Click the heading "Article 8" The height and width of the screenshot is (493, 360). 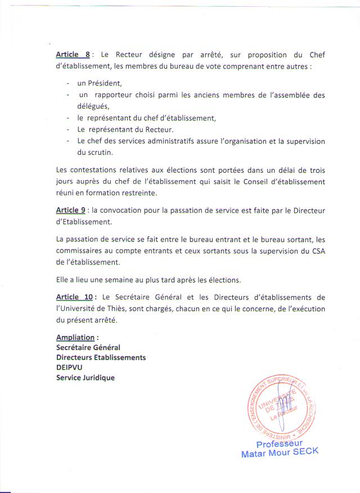(x=73, y=55)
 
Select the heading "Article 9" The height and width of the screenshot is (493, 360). (x=70, y=210)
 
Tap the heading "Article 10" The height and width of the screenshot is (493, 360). (x=74, y=297)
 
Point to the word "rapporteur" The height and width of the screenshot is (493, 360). (x=113, y=95)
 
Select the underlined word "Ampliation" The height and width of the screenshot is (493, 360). (x=75, y=338)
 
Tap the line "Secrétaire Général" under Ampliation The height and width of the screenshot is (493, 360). (x=88, y=348)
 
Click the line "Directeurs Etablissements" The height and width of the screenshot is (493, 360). (x=101, y=358)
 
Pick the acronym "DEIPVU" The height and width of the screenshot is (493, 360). (x=69, y=367)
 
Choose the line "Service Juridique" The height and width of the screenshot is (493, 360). (x=85, y=378)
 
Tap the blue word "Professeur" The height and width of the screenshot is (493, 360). (x=280, y=444)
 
